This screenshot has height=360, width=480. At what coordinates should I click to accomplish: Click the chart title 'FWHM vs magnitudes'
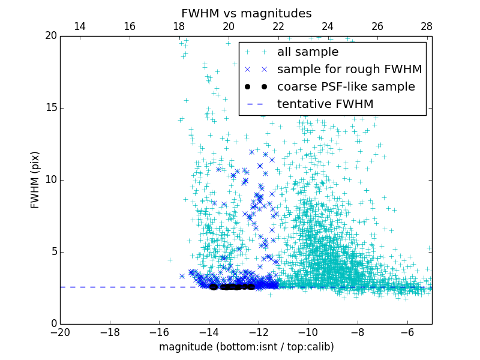click(x=246, y=13)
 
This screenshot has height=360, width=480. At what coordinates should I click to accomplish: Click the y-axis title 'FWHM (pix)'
click(x=35, y=180)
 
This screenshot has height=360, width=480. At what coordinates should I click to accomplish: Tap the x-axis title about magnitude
click(x=246, y=347)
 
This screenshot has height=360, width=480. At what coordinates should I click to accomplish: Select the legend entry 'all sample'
click(x=307, y=52)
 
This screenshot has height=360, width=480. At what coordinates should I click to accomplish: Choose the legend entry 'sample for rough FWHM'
click(x=349, y=70)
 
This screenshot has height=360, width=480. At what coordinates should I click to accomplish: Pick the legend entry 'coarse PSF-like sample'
click(x=346, y=87)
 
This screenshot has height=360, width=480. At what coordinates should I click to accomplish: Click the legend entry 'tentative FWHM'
click(x=325, y=104)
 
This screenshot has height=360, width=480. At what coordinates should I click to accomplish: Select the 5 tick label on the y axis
click(x=53, y=252)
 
